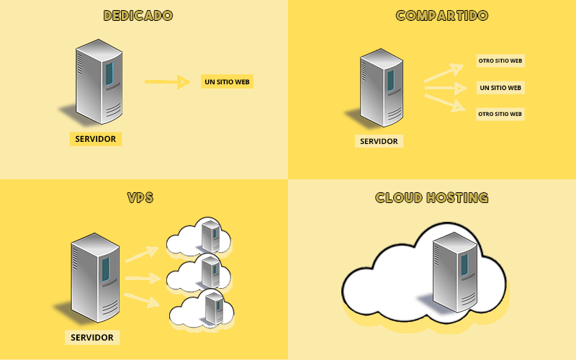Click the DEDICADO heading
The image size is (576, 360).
pyautogui.click(x=138, y=15)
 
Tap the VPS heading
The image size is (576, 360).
pyautogui.click(x=140, y=197)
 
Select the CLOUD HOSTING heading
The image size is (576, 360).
pyautogui.click(x=432, y=197)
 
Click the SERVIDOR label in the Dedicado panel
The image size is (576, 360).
pyautogui.click(x=95, y=139)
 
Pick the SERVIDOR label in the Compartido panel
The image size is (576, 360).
pyautogui.click(x=379, y=141)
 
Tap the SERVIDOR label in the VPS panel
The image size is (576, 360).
pyautogui.click(x=91, y=337)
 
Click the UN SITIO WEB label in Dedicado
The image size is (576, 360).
pyautogui.click(x=227, y=82)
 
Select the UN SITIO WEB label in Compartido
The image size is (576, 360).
pyautogui.click(x=500, y=88)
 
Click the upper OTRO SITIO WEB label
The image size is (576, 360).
pyautogui.click(x=500, y=61)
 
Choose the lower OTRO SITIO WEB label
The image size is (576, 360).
pyautogui.click(x=500, y=114)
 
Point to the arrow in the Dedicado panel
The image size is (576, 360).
pyautogui.click(x=166, y=82)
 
